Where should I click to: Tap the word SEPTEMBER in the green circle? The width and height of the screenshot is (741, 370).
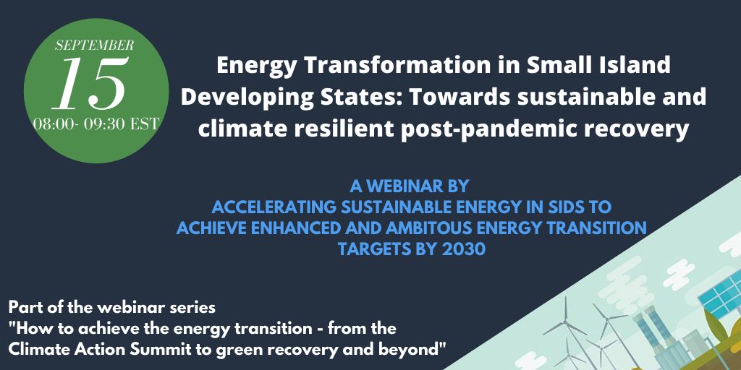95,46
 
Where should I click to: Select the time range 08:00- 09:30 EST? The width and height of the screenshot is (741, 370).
96,124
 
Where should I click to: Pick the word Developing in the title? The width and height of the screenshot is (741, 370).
240,98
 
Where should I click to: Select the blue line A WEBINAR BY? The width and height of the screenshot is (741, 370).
410,186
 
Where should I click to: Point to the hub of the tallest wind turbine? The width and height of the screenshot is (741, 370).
566,322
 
